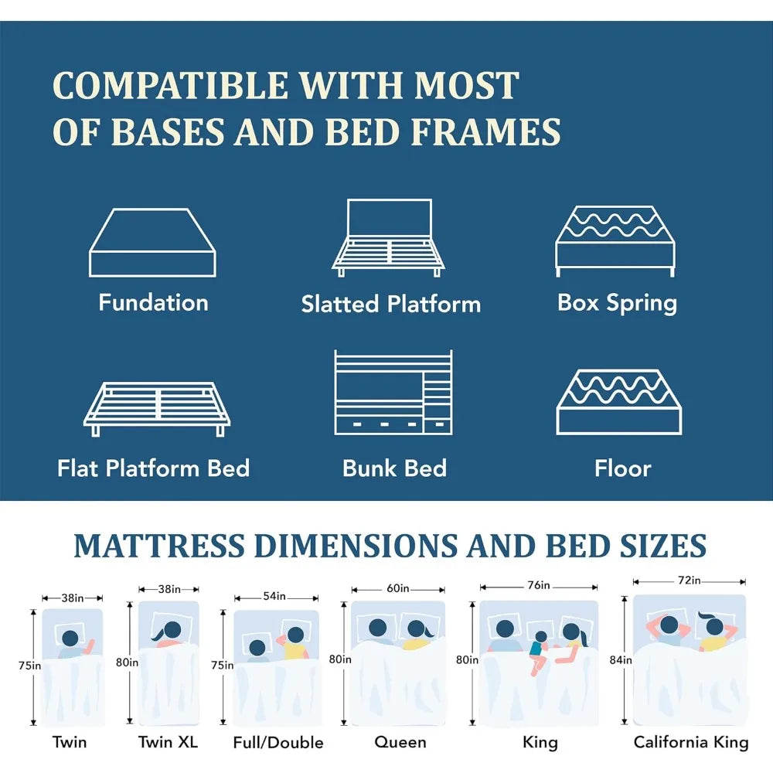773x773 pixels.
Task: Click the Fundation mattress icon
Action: (152, 243)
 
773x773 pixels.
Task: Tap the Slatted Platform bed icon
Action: (389, 237)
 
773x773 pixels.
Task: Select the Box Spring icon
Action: (615, 241)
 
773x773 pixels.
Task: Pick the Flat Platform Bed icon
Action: (157, 409)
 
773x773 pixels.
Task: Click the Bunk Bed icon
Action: (393, 393)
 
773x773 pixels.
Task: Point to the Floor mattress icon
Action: (619, 402)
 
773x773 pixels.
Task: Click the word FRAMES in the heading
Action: (485, 131)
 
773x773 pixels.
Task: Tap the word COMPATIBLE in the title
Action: (170, 85)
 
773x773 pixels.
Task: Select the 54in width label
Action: (274, 596)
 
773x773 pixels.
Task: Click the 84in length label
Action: (621, 659)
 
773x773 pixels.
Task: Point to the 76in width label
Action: (538, 585)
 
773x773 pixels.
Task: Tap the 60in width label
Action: (398, 588)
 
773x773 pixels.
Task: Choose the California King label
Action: (690, 742)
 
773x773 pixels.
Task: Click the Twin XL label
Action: (168, 741)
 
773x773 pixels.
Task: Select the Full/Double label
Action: (278, 742)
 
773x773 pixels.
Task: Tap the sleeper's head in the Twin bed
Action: (70, 638)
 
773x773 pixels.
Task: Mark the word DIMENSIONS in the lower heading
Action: (356, 546)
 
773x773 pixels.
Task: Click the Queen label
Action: (400, 742)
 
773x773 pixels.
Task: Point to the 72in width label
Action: (690, 581)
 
